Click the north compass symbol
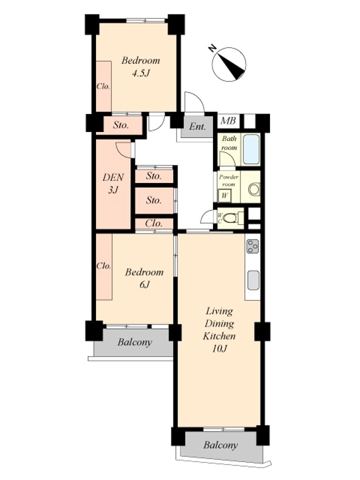click(229, 64)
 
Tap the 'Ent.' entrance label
click(197, 127)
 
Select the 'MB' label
click(229, 121)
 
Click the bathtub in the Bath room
click(251, 149)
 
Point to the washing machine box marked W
click(224, 196)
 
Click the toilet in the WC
click(230, 218)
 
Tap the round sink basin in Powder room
click(254, 190)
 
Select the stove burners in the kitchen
click(253, 247)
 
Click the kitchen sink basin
click(253, 280)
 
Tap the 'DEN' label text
click(113, 177)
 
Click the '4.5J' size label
click(140, 73)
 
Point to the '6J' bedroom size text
click(144, 284)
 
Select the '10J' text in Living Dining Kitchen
click(219, 349)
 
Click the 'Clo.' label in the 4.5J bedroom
click(103, 86)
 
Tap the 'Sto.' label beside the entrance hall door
click(121, 125)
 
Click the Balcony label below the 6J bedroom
click(134, 342)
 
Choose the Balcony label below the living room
click(220, 445)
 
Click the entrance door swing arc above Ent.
click(198, 97)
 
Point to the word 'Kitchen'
click(219, 336)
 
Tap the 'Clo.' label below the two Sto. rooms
click(154, 223)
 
